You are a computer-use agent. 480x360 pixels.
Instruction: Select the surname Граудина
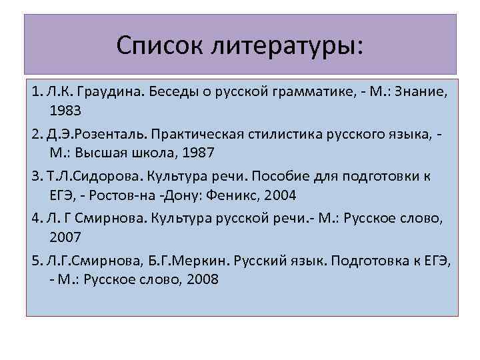[x=98, y=90]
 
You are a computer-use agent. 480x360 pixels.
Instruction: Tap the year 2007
[x=65, y=237]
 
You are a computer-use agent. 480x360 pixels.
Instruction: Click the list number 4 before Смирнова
[x=35, y=219]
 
